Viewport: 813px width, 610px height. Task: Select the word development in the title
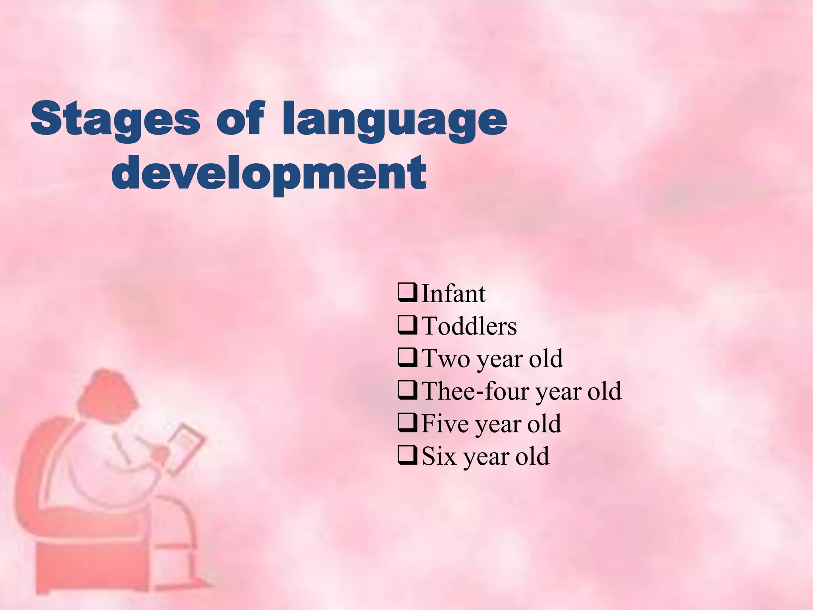pos(269,173)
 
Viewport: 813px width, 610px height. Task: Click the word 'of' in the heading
pos(240,118)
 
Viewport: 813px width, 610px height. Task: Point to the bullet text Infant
pos(453,294)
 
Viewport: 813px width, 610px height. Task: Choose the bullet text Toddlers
pos(469,326)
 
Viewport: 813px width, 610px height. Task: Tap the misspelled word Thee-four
pos(475,391)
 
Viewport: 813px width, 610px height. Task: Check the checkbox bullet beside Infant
pos(407,293)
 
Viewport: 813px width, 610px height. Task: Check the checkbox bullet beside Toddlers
pos(407,326)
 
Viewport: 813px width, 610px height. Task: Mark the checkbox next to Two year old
pos(407,358)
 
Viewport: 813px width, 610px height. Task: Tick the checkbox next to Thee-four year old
pos(407,390)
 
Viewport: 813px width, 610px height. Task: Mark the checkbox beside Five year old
pos(407,423)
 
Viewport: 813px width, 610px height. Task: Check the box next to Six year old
pos(407,456)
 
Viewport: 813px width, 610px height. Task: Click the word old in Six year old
pos(533,456)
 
